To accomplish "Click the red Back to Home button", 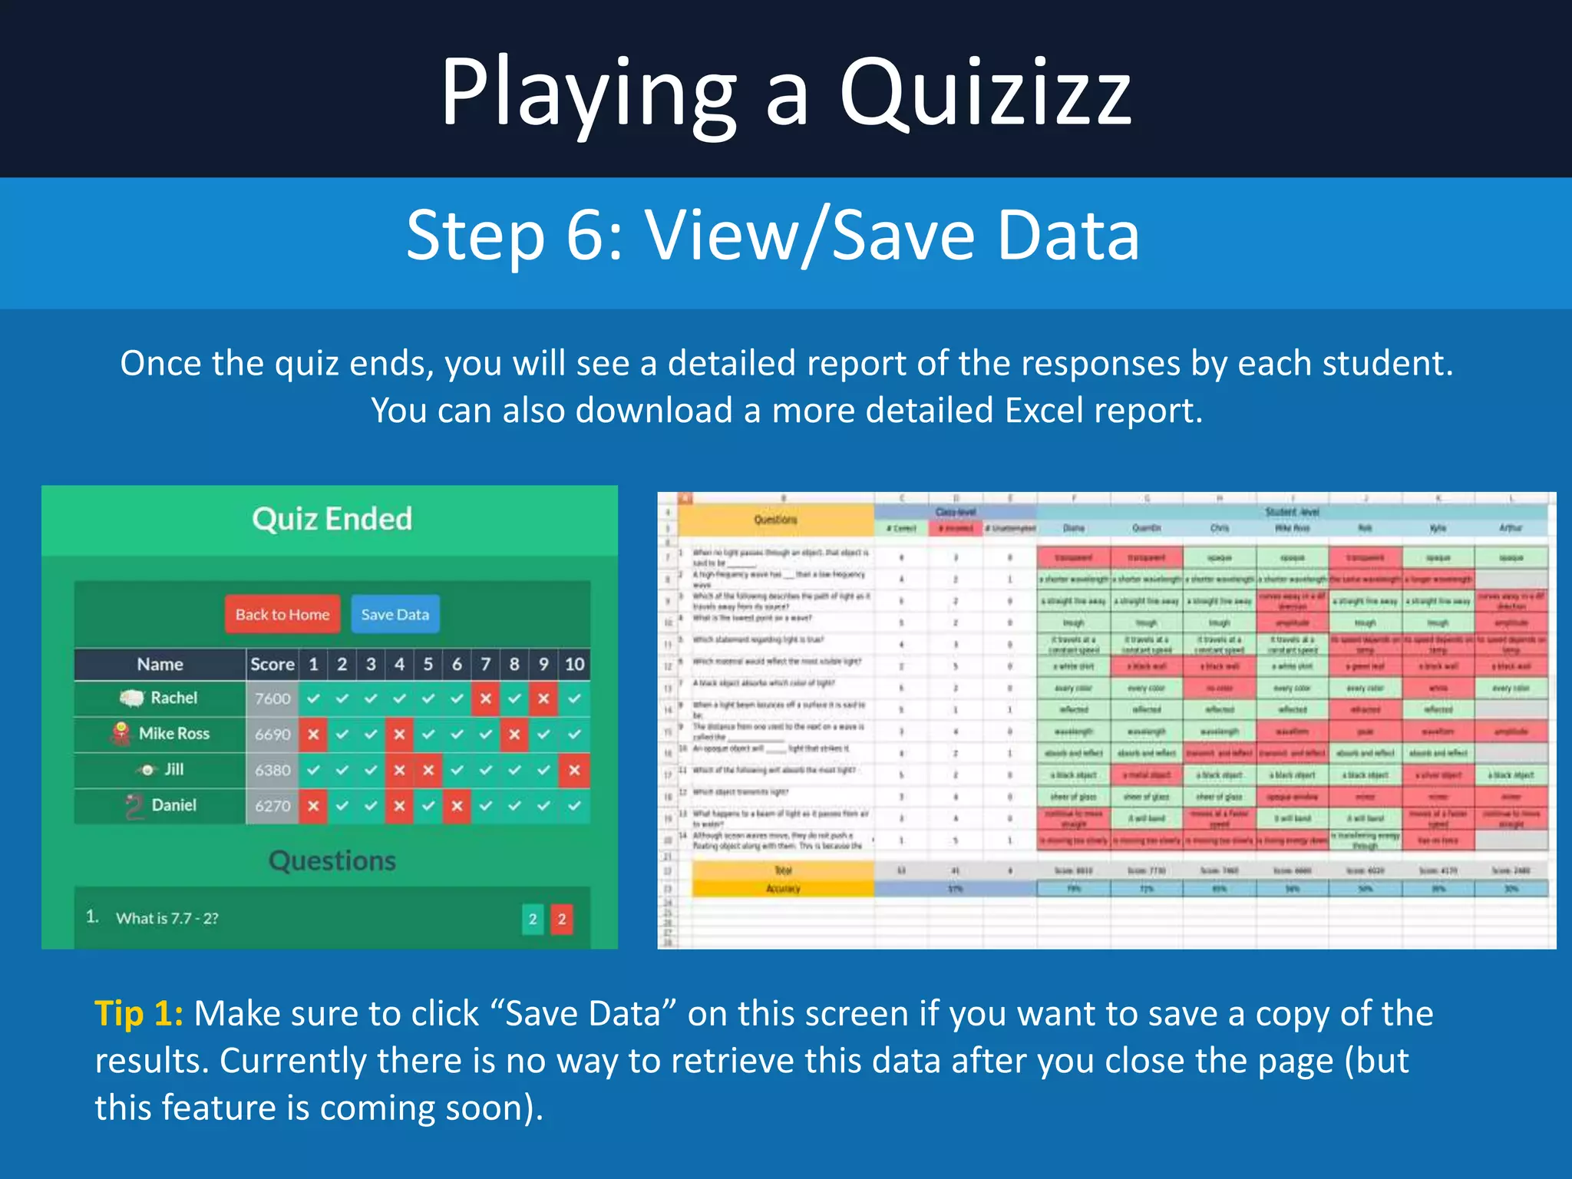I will tap(282, 614).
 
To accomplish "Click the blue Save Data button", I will tap(395, 614).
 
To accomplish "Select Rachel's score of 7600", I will tap(272, 698).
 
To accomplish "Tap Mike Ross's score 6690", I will tap(272, 735).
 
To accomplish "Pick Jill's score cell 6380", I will tap(272, 770).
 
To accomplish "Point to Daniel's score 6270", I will tap(272, 806).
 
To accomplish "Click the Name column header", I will tap(160, 664).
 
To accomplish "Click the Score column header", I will tap(272, 664).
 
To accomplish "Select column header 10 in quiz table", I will tap(574, 664).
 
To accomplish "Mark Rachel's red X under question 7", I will tap(485, 698).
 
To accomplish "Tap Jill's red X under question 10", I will tap(574, 770).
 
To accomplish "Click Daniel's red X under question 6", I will tap(457, 806).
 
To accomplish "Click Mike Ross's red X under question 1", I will tap(313, 735).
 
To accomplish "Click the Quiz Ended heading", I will tap(332, 519).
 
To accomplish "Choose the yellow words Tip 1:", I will tap(139, 1013).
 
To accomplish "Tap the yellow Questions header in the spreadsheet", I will tap(775, 520).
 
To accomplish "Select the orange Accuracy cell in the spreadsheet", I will tap(783, 888).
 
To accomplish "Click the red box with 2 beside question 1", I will tap(562, 919).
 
